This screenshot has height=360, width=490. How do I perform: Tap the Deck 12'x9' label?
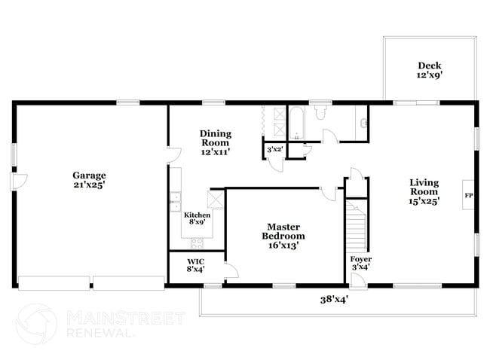430,69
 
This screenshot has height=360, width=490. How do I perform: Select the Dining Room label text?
215,142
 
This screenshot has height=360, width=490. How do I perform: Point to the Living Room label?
424,191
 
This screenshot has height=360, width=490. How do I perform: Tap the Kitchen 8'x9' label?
198,218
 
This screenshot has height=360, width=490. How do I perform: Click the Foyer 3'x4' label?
360,263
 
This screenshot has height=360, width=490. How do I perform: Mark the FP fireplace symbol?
468,196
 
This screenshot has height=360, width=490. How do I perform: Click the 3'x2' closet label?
274,150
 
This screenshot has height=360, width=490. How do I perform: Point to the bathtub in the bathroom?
297,124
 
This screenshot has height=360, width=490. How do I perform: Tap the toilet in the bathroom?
320,114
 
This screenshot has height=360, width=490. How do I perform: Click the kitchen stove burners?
198,243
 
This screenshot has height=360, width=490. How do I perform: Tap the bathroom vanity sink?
363,123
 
